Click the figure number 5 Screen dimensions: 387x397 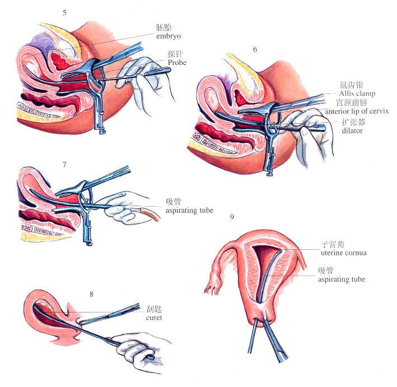tap(65, 12)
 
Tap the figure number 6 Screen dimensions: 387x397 tap(255, 50)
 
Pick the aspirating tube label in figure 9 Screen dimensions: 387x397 tap(342, 278)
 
